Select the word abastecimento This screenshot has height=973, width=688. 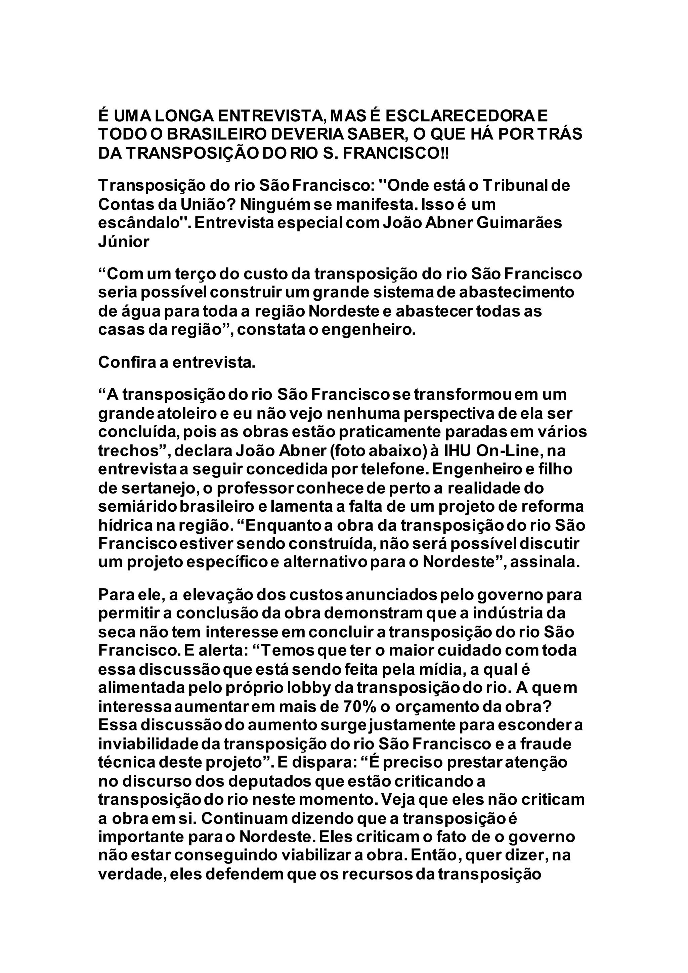516,293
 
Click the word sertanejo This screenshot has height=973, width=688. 156,488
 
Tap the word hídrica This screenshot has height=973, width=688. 124,525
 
